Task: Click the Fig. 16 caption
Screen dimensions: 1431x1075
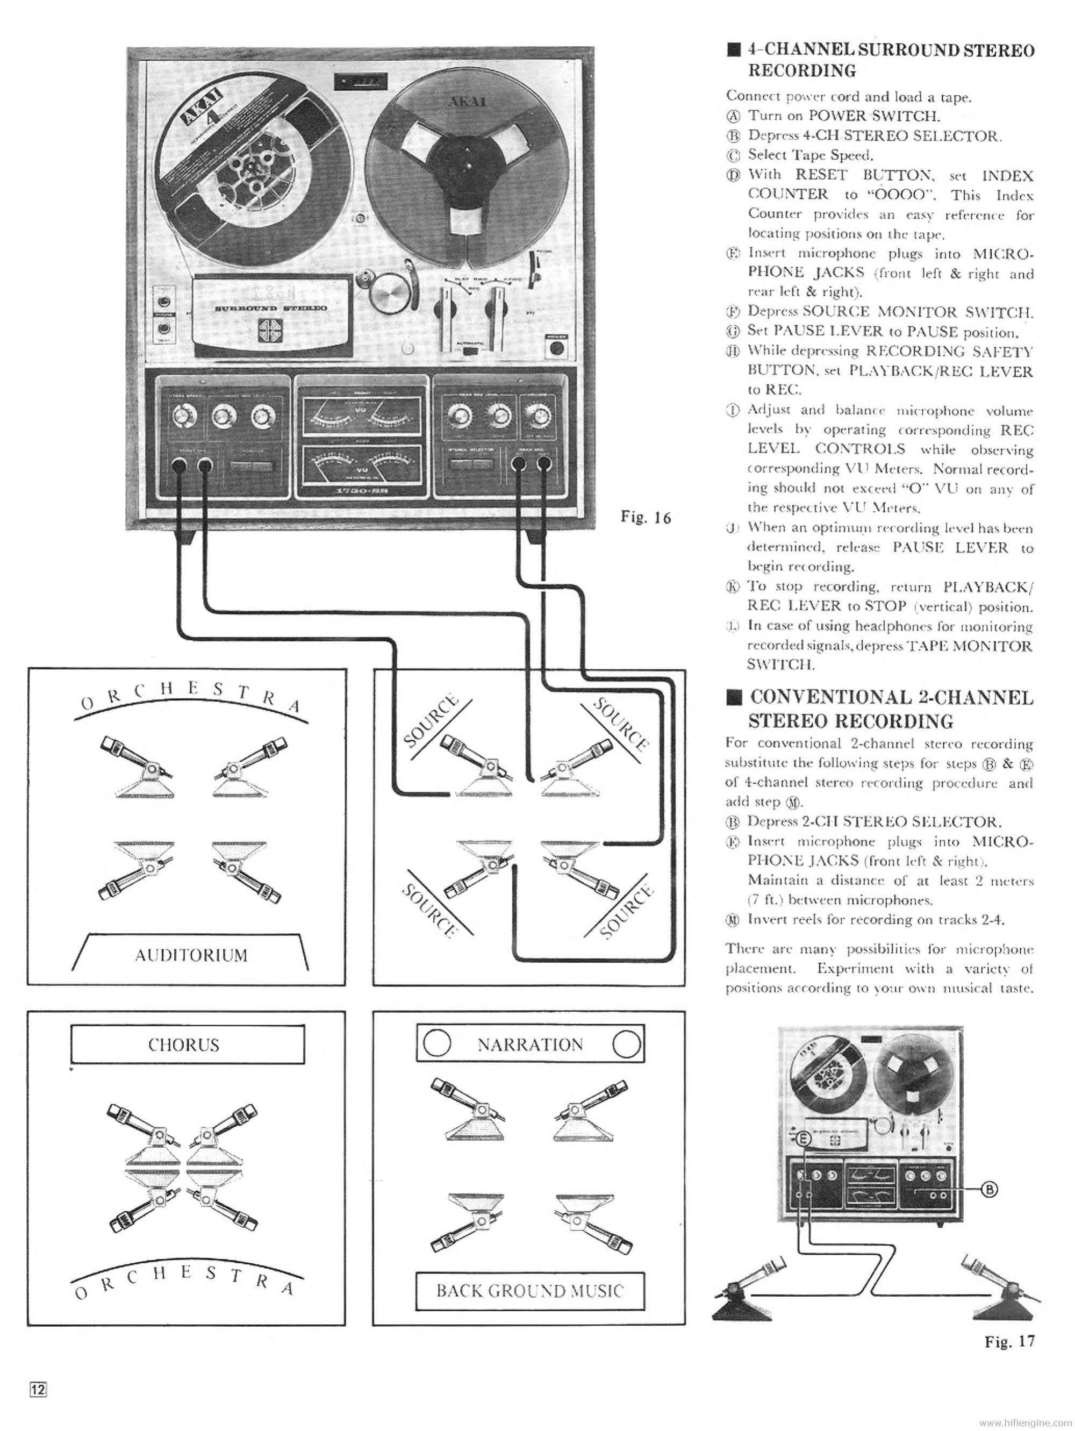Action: (645, 518)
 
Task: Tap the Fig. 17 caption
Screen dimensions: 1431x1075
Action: (1009, 1341)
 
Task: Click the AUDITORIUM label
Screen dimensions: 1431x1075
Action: (191, 955)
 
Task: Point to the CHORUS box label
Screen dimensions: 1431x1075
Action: (184, 1045)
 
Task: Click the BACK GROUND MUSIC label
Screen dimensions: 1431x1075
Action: (530, 1291)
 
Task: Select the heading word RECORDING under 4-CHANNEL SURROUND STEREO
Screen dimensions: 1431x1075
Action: (801, 70)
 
